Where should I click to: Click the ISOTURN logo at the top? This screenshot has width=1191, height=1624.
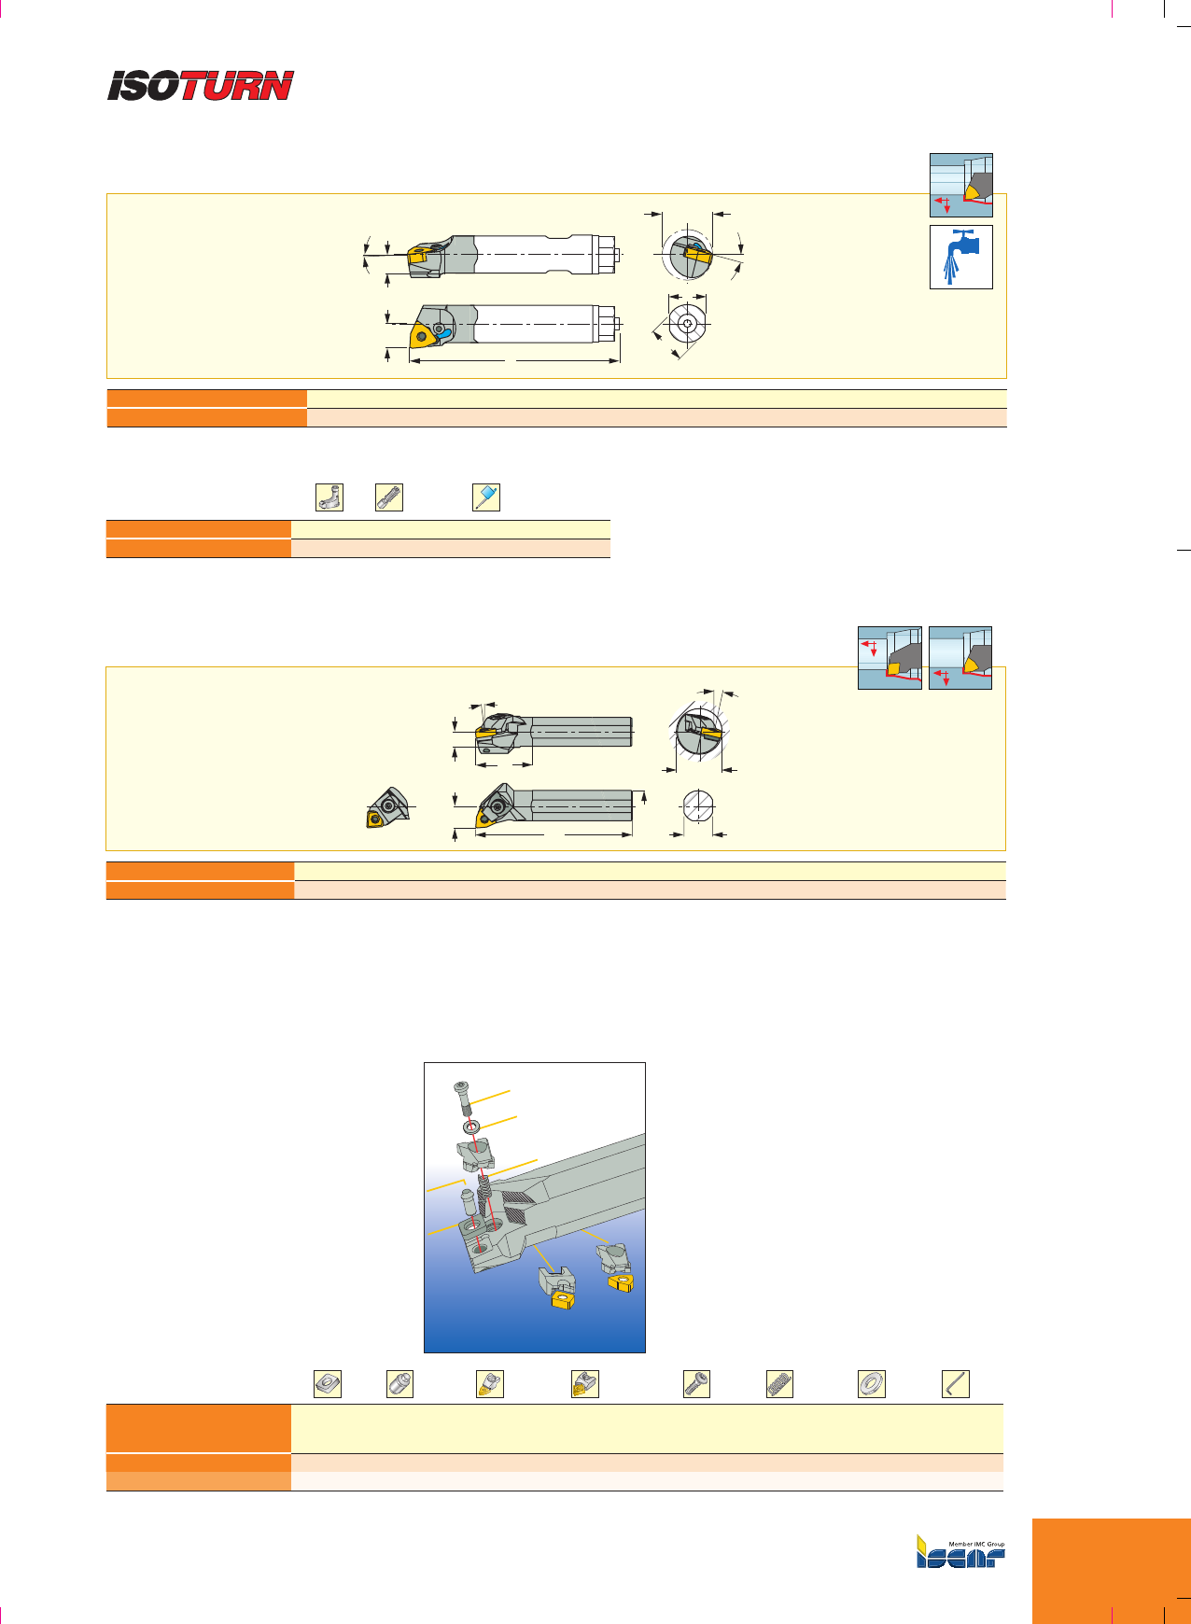201,86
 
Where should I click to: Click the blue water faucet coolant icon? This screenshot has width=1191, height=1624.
961,257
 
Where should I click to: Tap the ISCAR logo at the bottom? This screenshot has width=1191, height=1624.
960,1552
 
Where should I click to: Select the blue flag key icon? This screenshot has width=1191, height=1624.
486,497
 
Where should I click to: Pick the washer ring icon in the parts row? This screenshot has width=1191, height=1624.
872,1383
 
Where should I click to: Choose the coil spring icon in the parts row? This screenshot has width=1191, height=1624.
779,1383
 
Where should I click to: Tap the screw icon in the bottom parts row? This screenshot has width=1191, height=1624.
696,1383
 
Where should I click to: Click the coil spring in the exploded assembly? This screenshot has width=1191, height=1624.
483,1197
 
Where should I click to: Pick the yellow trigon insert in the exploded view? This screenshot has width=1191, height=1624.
620,1283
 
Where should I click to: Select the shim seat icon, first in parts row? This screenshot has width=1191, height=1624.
328,1383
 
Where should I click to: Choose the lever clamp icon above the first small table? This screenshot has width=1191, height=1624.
329,497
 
